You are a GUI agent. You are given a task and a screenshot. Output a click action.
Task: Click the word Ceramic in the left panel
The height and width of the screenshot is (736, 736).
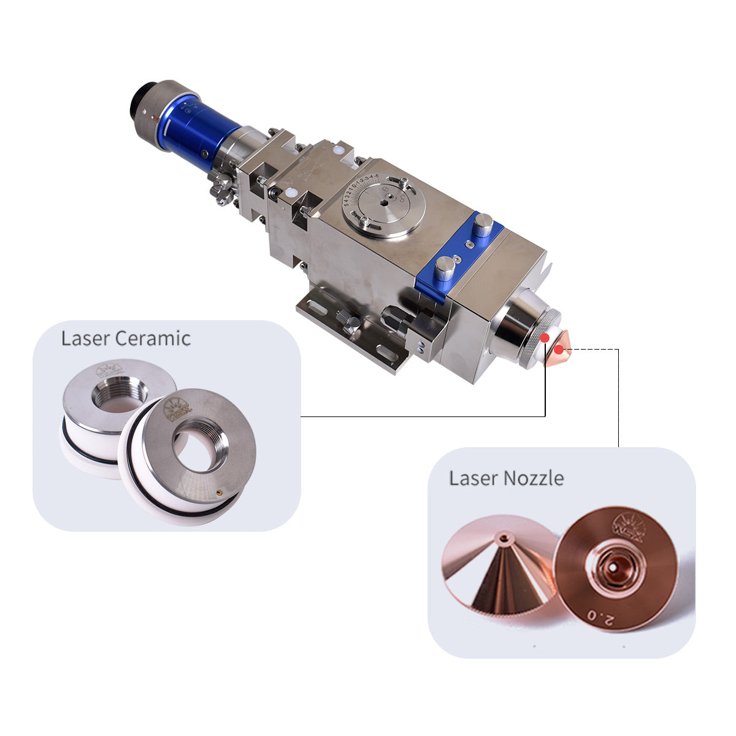pyautogui.click(x=153, y=338)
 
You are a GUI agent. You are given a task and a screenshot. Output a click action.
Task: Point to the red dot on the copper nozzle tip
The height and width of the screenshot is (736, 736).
pyautogui.click(x=559, y=350)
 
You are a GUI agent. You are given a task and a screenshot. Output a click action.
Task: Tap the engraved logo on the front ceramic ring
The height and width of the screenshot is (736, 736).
pyautogui.click(x=178, y=409)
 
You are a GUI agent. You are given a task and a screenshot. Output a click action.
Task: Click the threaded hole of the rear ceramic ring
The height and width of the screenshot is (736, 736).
pyautogui.click(x=120, y=393)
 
